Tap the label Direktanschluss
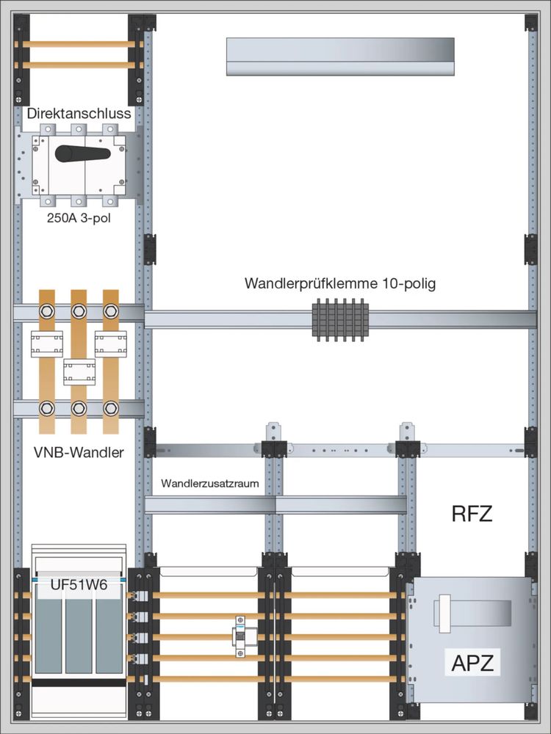[x=79, y=114]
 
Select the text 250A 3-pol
[x=79, y=217]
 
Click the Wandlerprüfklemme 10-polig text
[x=340, y=283]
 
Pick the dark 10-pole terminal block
[x=340, y=321]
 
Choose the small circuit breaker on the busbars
[x=240, y=636]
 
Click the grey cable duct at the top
[x=339, y=57]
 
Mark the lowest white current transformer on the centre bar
[x=79, y=372]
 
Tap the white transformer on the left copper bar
[x=47, y=344]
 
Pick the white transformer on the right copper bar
[x=111, y=344]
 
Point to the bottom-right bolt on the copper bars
[x=111, y=408]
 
